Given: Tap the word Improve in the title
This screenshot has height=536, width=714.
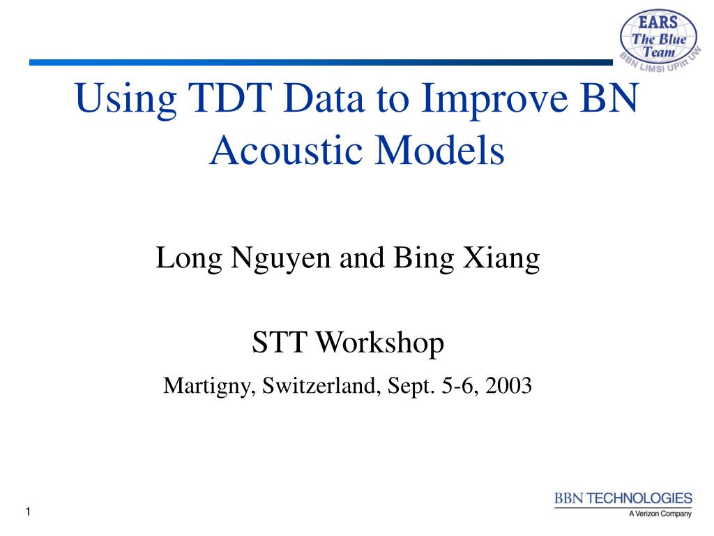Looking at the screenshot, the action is (x=494, y=101).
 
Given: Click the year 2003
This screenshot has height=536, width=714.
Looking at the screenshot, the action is (x=508, y=385).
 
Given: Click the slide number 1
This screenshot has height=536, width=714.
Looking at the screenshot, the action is (x=28, y=512).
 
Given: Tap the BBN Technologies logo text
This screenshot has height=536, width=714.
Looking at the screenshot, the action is (x=623, y=498).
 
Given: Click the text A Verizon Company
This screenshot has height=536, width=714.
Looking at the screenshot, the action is (x=660, y=514).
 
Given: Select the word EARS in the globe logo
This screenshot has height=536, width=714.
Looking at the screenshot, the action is (x=658, y=22).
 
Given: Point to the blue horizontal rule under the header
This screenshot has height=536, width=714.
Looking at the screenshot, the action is (x=321, y=62).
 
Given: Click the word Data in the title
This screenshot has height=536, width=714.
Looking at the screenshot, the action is (x=324, y=97).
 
